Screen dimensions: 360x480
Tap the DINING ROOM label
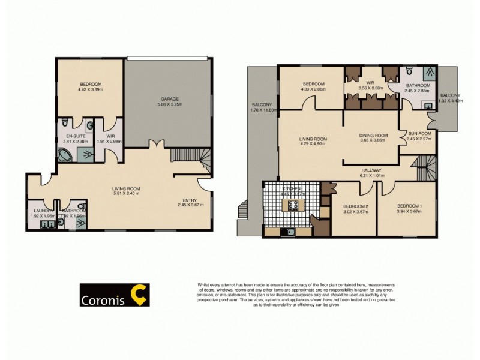373,136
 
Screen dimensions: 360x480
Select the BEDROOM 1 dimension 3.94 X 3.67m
410,212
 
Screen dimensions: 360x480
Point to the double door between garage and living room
158,144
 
